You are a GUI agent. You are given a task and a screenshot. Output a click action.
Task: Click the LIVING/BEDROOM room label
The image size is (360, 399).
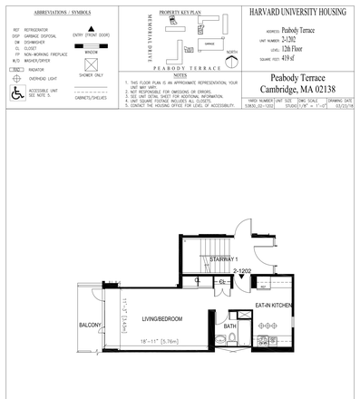pos(161,319)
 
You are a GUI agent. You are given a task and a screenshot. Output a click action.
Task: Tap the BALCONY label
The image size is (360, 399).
pos(88,324)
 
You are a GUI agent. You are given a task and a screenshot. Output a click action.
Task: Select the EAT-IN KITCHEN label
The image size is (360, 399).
pos(272,307)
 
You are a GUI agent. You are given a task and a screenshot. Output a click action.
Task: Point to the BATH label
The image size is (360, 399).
pos(230,326)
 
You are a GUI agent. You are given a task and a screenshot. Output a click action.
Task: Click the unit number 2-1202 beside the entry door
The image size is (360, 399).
pos(242,271)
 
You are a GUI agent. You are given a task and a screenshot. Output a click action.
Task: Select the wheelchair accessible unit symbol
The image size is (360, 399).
pos(15,92)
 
